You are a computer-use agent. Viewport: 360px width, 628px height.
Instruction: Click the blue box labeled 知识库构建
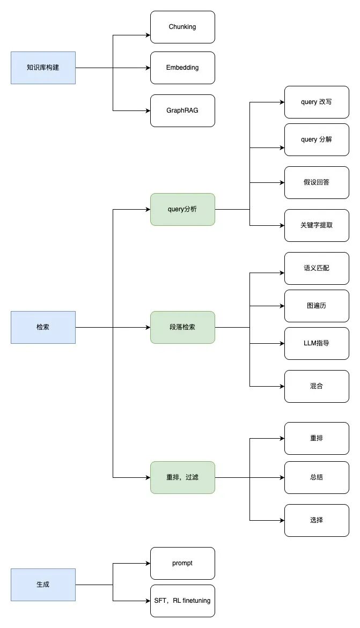43,68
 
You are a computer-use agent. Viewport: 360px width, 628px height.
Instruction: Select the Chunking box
182,27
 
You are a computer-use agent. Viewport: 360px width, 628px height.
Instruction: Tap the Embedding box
182,68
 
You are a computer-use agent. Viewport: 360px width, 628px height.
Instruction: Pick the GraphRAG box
182,110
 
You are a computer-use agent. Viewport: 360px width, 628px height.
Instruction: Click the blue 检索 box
43,327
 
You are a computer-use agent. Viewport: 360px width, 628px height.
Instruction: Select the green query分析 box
182,209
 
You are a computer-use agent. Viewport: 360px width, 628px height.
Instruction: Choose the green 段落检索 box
182,327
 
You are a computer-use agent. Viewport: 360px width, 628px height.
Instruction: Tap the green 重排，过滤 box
182,477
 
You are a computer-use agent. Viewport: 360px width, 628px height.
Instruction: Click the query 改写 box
317,102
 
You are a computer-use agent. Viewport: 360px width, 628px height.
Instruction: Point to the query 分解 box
317,139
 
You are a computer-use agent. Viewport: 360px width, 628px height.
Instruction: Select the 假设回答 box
317,182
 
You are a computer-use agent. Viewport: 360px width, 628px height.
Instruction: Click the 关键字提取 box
317,225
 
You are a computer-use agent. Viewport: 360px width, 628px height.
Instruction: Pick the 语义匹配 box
317,268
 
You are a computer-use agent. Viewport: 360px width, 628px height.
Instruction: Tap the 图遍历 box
317,306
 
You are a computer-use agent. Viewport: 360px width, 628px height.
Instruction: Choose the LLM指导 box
317,343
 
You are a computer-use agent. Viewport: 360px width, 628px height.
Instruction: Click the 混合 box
317,386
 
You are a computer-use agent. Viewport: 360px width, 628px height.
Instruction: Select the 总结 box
317,477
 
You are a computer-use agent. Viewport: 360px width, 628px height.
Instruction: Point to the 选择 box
317,520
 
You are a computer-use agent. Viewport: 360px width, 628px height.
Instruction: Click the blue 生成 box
43,585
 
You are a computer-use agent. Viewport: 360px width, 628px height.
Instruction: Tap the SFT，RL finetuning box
182,601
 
